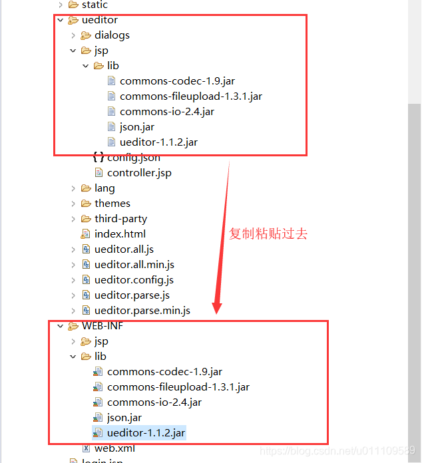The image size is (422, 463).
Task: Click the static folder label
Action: point(95,5)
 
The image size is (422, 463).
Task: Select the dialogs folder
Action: point(112,35)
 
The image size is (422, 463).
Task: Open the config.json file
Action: point(133,158)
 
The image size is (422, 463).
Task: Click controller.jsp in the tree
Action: point(139,173)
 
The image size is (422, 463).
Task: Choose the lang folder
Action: point(105,188)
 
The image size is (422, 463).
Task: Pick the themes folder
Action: point(112,204)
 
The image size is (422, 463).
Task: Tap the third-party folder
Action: point(120,219)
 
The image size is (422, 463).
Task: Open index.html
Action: point(120,234)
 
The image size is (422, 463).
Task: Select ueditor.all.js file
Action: point(124,249)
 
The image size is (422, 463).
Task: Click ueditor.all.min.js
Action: point(134,265)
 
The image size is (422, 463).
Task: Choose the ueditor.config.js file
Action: point(134,280)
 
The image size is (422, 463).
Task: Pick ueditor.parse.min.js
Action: point(142,311)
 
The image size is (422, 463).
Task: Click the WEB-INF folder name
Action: point(103,326)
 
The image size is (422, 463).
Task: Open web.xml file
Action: point(114,448)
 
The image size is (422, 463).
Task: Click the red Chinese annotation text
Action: point(268,234)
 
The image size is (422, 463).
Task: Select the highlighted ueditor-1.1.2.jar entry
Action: point(146,433)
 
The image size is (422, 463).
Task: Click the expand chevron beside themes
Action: point(73,204)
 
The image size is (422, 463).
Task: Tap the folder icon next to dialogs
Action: point(86,35)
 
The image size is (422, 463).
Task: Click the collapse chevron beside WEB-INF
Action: point(61,326)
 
